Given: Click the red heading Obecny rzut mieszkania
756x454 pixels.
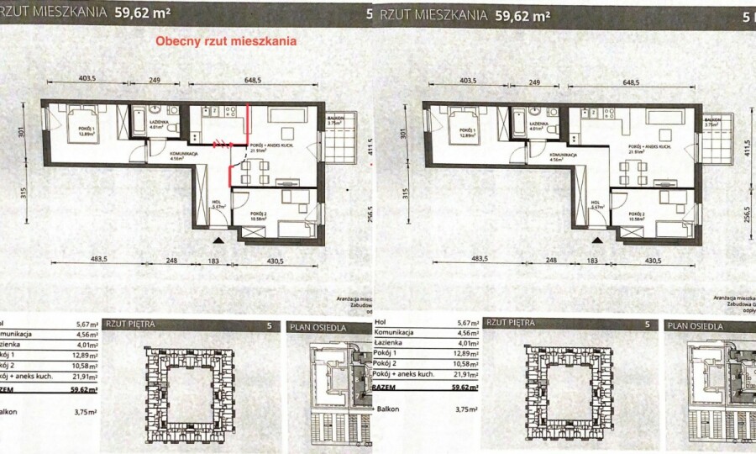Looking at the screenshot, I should [x=224, y=41].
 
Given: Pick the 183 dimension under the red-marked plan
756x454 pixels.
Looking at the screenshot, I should [x=213, y=261].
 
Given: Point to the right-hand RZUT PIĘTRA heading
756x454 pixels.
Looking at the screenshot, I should [x=511, y=323].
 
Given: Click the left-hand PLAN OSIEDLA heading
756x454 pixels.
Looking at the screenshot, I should [x=318, y=326].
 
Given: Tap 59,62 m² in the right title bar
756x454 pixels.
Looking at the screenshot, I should [x=519, y=14].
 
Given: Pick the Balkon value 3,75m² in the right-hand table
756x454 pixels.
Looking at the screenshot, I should [x=467, y=409].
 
